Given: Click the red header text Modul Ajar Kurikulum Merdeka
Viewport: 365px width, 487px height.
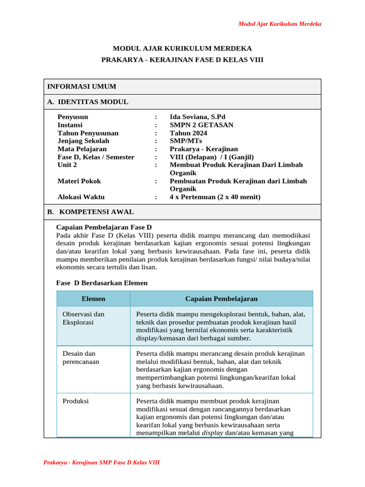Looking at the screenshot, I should (x=279, y=24).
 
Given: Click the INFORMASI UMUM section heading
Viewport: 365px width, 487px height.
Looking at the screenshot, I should (x=81, y=87).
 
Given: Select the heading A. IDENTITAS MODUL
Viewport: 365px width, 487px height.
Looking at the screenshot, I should (x=87, y=102).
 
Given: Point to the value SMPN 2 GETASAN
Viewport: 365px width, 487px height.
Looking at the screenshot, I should (x=202, y=125).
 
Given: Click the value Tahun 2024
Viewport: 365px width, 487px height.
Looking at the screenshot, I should (x=188, y=133).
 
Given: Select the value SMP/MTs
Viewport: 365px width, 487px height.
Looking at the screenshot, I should (x=186, y=141).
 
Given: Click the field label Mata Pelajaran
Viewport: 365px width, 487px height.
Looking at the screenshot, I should (x=82, y=149).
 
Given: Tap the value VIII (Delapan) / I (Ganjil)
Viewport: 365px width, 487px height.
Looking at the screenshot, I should (x=212, y=157).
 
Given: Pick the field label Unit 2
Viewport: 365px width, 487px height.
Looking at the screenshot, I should (x=67, y=165).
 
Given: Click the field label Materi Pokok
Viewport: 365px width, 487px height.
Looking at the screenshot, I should (x=79, y=181).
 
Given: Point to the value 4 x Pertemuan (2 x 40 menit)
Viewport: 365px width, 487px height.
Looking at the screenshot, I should (x=215, y=197).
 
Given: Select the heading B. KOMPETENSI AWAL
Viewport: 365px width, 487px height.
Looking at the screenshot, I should (x=90, y=212).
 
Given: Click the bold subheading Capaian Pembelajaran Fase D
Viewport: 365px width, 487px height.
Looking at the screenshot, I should (x=104, y=227).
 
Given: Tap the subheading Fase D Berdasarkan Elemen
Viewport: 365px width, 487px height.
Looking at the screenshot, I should (x=102, y=283).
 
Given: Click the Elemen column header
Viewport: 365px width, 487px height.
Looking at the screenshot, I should (x=94, y=299).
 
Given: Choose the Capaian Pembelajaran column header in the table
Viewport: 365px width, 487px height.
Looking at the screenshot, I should (x=221, y=299).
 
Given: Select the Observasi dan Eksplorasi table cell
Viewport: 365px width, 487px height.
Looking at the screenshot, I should (x=84, y=318).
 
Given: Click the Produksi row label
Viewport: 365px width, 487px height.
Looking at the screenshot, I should (x=76, y=401).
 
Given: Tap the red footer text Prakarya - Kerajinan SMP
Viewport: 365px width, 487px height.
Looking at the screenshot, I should (x=101, y=462).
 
